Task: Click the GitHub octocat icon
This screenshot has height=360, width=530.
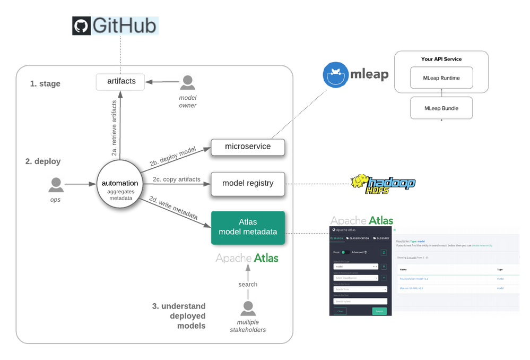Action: tap(81, 26)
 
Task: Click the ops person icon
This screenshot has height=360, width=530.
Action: tap(56, 184)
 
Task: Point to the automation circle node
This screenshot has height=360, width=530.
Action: tap(120, 186)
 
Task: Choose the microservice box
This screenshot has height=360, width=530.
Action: tap(247, 147)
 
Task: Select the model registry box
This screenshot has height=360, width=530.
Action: tap(247, 183)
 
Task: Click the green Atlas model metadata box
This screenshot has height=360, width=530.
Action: tap(247, 227)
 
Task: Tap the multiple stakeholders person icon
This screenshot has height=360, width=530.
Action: tap(247, 308)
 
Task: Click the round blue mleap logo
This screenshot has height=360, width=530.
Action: tap(335, 74)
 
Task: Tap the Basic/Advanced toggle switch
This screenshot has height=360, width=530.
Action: tap(345, 252)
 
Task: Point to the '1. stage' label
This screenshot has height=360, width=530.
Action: tap(45, 84)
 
